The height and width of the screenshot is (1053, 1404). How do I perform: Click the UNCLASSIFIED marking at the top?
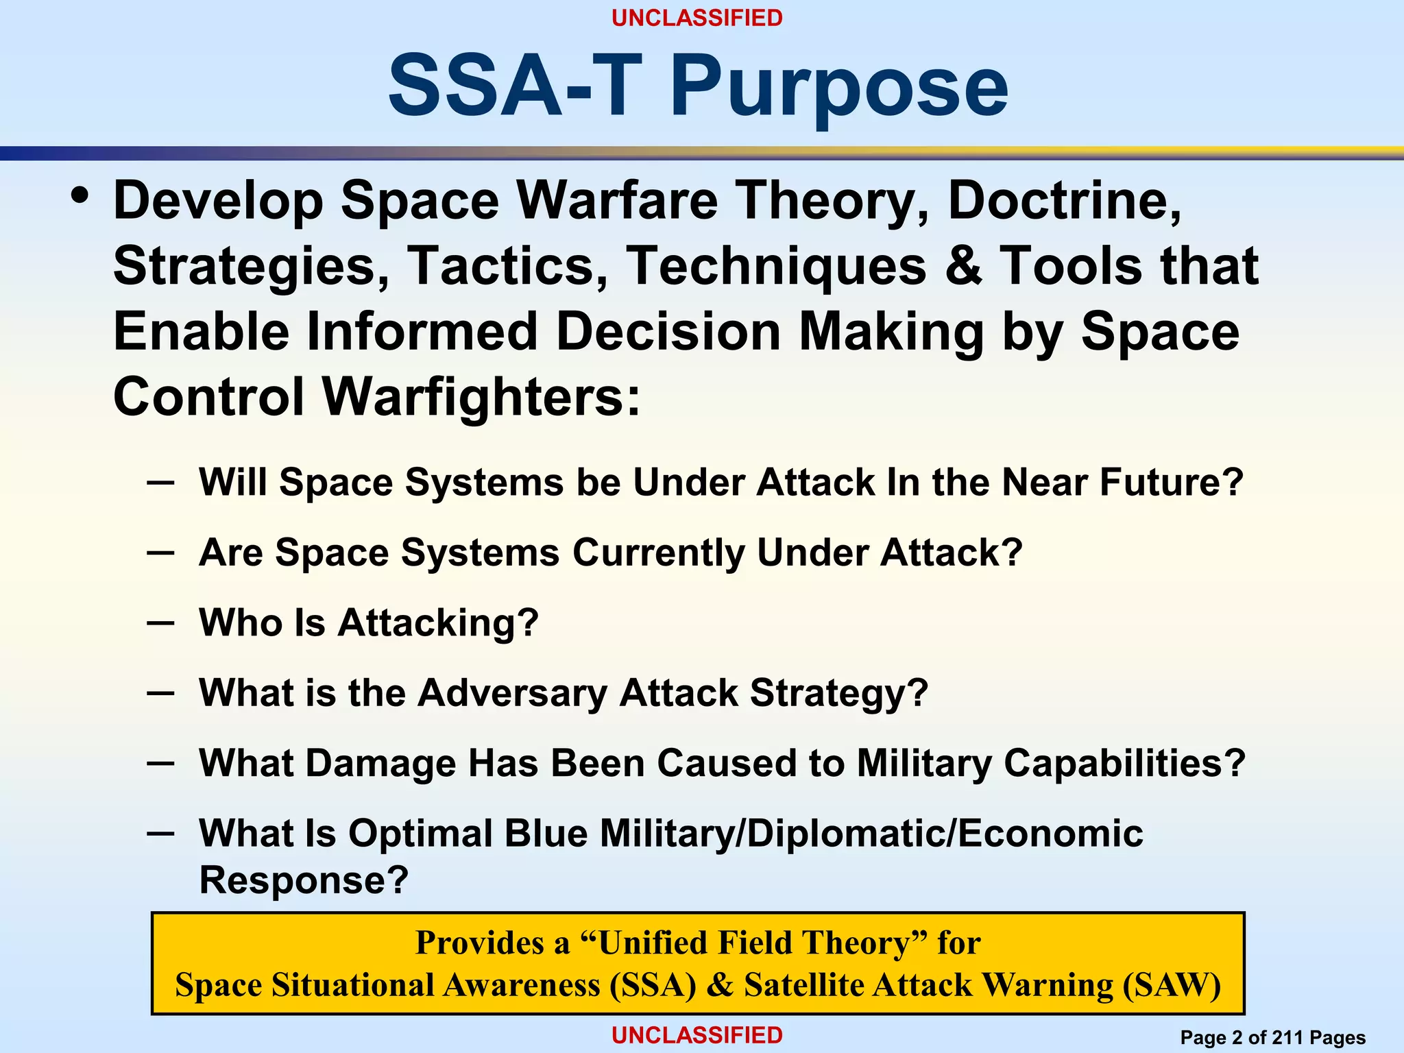tap(697, 18)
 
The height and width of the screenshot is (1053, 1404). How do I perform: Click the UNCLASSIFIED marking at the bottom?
tap(697, 1035)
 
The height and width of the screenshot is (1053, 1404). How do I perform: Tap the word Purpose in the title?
tap(838, 88)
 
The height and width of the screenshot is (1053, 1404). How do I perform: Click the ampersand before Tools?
tap(964, 266)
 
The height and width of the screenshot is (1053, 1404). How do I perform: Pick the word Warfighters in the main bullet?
tap(481, 397)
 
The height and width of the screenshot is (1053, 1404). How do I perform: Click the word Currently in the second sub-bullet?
tap(658, 553)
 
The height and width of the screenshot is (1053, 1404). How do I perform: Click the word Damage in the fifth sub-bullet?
tap(380, 763)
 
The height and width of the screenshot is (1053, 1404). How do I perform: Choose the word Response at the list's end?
tap(303, 880)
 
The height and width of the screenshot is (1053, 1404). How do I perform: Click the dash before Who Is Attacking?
tap(160, 622)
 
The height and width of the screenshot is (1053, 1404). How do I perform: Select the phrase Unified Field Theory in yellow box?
tap(754, 943)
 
